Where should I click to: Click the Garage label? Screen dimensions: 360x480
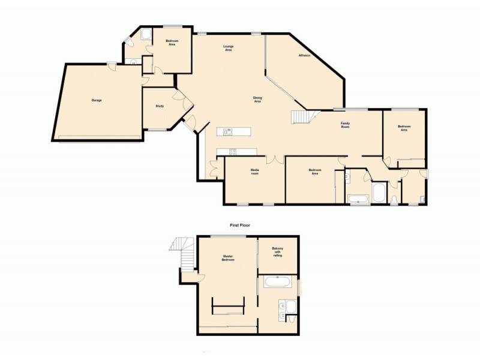pos(96,100)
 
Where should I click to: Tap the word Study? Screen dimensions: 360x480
pos(160,106)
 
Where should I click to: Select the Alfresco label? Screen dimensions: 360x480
pos(305,56)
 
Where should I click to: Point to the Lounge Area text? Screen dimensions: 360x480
pos(228,48)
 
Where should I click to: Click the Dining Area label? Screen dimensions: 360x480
pos(257,100)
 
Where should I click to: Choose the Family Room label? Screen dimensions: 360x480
pos(346,125)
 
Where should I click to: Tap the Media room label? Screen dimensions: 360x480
pos(254,172)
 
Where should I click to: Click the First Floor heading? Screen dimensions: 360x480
pos(240,225)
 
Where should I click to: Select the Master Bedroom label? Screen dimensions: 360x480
pos(227,259)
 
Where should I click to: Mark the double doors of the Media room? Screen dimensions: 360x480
pos(275,160)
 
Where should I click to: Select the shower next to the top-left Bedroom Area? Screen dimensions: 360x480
pos(146,35)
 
